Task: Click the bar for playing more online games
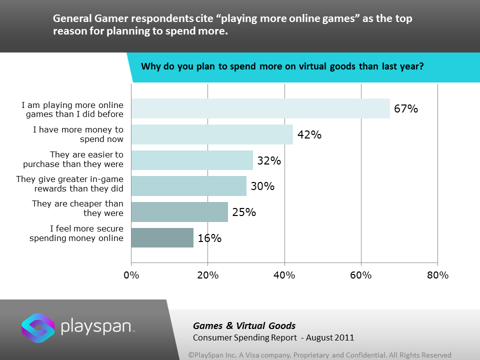tap(260, 108)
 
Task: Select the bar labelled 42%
tap(212, 134)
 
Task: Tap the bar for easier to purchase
tap(192, 160)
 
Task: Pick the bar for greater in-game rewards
tap(188, 186)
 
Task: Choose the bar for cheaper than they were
tap(179, 212)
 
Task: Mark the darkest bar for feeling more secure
tap(162, 237)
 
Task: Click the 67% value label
tap(405, 108)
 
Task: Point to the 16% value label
tap(209, 238)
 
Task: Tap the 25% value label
tap(243, 212)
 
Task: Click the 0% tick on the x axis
tap(131, 275)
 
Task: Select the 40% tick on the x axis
tap(284, 275)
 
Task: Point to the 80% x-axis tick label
tap(437, 275)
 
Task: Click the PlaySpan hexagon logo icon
tap(38, 328)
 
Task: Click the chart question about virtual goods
tap(282, 66)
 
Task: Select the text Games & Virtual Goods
tap(244, 326)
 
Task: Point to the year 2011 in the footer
tap(344, 337)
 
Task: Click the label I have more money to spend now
tap(77, 134)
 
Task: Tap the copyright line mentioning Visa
tap(319, 354)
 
